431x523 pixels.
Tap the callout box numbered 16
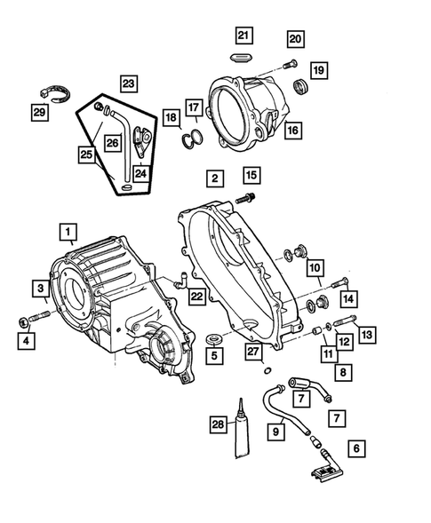coord(292,129)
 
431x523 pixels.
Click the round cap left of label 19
coord(299,87)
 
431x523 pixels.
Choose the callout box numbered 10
coord(315,267)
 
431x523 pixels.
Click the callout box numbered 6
coord(357,448)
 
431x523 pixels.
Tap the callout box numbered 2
coord(214,178)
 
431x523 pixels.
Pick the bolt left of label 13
coord(346,322)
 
